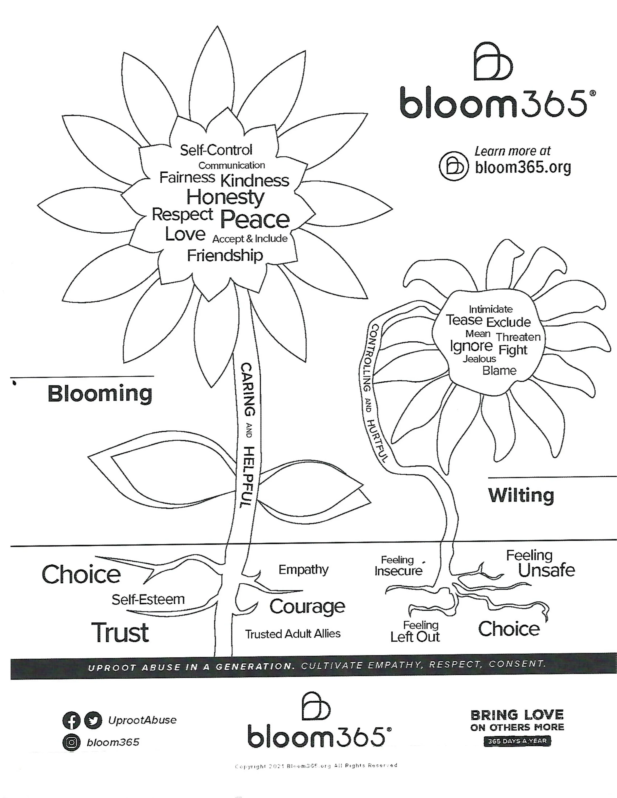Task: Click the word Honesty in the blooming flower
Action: [x=225, y=198]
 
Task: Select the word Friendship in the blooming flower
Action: [x=225, y=255]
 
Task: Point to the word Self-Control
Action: [x=216, y=150]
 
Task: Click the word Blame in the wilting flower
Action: [x=499, y=371]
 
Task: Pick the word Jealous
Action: [x=479, y=359]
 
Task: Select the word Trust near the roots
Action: [x=120, y=633]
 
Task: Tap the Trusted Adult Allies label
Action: [x=292, y=634]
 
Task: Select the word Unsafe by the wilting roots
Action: [x=546, y=570]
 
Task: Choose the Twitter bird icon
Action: [x=93, y=720]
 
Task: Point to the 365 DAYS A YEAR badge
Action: [x=517, y=741]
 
